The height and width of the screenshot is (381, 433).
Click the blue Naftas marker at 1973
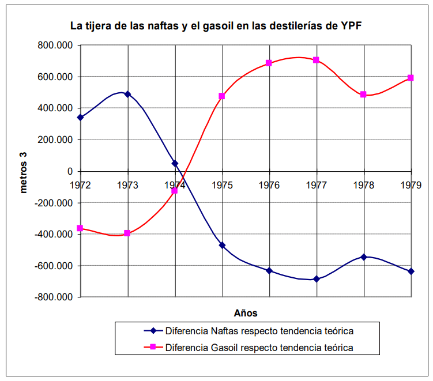(x=127, y=94)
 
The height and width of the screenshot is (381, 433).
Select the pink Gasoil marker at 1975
(x=222, y=96)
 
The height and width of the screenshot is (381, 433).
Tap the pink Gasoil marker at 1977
(x=316, y=60)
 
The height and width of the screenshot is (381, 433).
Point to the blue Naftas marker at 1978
(x=364, y=257)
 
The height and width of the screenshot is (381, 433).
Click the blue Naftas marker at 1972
(x=80, y=117)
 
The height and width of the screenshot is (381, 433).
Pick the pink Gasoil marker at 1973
(x=127, y=233)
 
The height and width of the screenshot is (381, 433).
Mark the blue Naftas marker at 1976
(x=269, y=270)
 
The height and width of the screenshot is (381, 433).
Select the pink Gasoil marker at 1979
(x=411, y=78)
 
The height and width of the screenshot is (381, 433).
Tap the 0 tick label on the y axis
(x=70, y=172)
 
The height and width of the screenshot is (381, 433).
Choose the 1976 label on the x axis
(x=269, y=185)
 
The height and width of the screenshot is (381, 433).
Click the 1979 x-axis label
(x=411, y=185)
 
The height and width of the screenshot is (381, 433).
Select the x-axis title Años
(x=246, y=314)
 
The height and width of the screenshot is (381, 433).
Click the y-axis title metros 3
(x=25, y=171)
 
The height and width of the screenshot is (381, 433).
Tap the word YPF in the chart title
(x=352, y=26)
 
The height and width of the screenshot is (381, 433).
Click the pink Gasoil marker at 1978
(x=364, y=95)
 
